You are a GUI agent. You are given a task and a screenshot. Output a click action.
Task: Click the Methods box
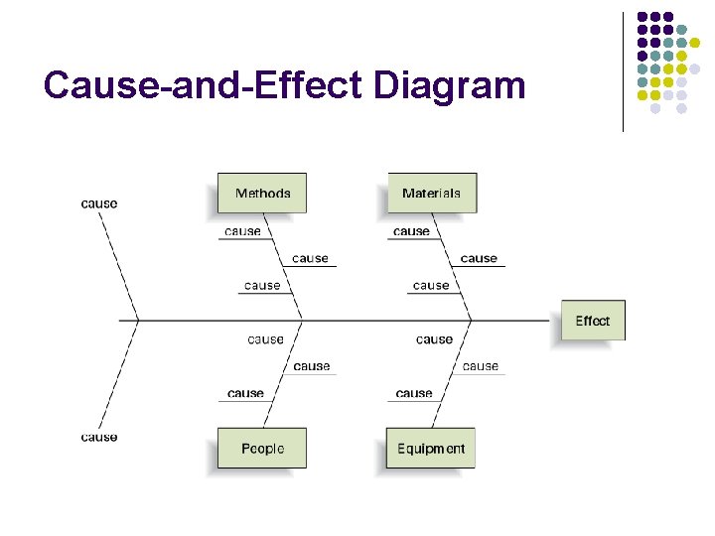(262, 194)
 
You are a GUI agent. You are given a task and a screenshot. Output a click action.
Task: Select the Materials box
(431, 194)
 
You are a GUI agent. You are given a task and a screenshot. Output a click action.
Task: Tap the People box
(262, 449)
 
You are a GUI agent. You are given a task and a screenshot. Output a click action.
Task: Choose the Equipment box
(431, 449)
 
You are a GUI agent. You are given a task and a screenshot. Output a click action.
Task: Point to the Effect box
(593, 321)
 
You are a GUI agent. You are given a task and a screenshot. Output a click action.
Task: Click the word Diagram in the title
(449, 85)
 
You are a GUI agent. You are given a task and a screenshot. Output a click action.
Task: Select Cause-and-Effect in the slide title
(204, 85)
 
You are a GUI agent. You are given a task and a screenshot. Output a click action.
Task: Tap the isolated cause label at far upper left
(99, 203)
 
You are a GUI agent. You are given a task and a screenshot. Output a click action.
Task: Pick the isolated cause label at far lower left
(99, 437)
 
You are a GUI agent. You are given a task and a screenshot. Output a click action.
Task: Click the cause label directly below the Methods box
(242, 231)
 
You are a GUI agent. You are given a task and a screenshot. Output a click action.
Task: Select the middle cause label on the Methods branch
(310, 258)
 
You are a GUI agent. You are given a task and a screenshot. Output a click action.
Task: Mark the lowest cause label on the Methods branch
(262, 285)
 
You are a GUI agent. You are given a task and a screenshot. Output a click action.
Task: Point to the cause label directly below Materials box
(411, 231)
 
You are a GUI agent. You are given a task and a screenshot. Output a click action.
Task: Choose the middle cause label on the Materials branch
(479, 258)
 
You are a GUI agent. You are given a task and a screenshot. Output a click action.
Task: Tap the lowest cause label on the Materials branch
(431, 285)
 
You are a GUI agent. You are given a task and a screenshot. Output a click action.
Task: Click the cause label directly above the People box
(245, 393)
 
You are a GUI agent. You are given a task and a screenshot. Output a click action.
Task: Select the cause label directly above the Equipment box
(414, 393)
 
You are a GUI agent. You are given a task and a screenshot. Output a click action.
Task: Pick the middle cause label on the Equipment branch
(481, 366)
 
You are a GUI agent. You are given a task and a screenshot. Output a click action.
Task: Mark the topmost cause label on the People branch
(265, 339)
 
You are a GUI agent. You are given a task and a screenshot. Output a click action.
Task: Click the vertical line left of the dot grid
(623, 71)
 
